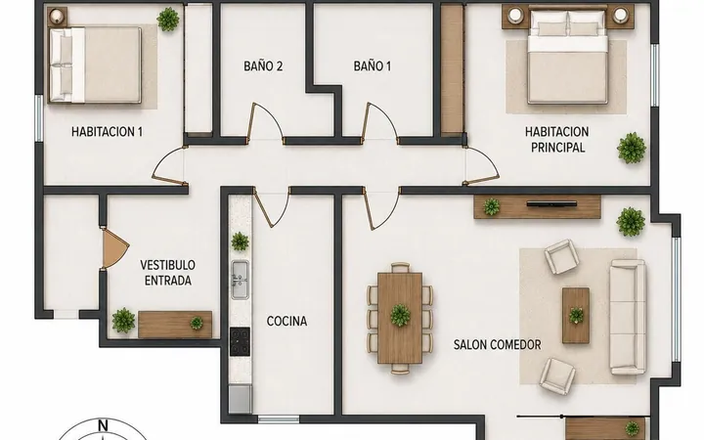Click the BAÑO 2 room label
[263, 66]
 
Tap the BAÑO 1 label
[373, 66]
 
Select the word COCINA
[286, 321]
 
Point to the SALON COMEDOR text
[497, 345]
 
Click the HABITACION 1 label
[107, 132]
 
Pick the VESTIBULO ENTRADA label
[167, 273]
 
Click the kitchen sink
[241, 281]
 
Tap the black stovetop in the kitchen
[240, 341]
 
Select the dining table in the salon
[400, 318]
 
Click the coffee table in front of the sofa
[576, 316]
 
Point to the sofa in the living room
[628, 317]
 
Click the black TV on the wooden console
[551, 204]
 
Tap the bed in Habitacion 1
[95, 66]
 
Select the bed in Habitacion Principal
[568, 58]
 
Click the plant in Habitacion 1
[168, 20]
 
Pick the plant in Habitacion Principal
[632, 149]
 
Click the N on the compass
[104, 425]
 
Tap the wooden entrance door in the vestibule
[114, 248]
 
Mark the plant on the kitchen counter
[240, 242]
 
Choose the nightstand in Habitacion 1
[58, 17]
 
